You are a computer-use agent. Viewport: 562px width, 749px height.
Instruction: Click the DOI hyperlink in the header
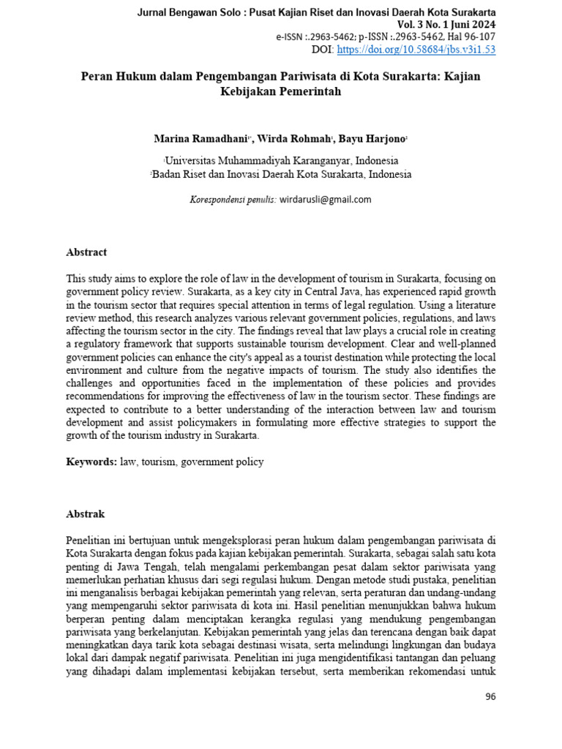[x=416, y=50]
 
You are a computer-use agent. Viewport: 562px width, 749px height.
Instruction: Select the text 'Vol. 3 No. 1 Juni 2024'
[x=443, y=25]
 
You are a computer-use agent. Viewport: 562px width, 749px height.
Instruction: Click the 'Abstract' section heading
[x=86, y=252]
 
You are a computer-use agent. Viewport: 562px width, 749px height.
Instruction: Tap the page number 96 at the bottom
[x=490, y=696]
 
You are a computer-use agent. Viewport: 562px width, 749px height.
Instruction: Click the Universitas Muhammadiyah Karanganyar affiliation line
[x=282, y=160]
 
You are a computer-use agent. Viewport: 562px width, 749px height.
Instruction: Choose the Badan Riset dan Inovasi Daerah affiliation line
[x=281, y=174]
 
